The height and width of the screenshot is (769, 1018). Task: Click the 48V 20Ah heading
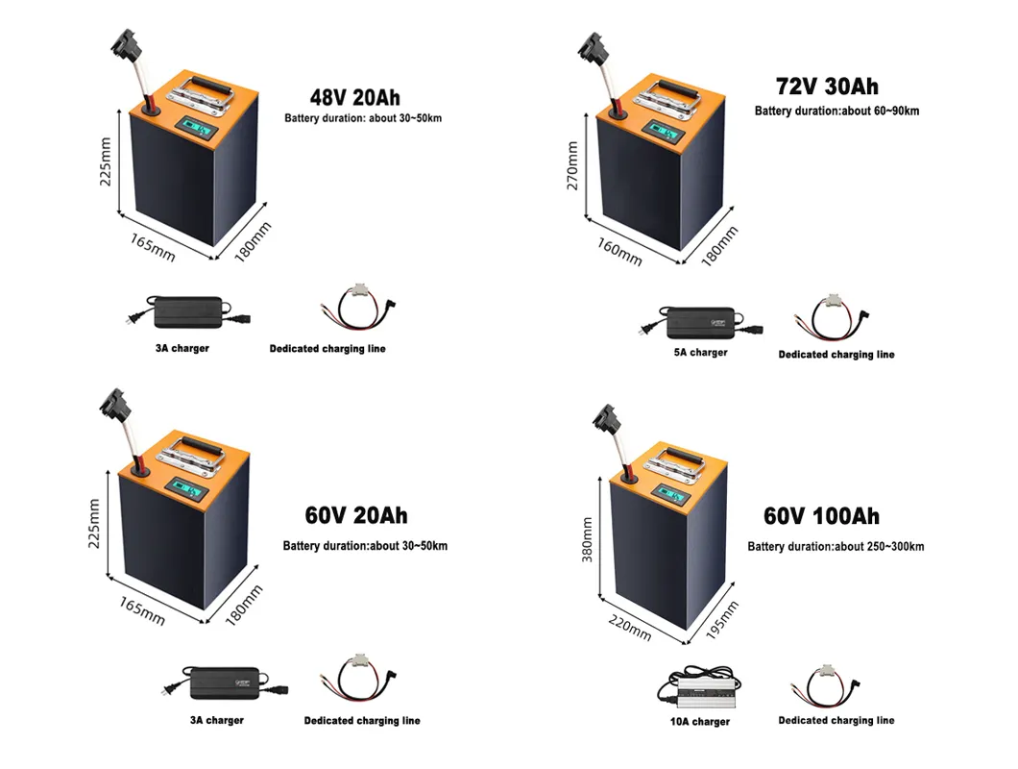click(x=354, y=97)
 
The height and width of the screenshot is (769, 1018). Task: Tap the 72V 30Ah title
click(x=827, y=87)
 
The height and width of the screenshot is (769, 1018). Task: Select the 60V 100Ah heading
click(x=821, y=516)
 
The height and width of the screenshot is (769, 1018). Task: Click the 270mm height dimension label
click(x=573, y=165)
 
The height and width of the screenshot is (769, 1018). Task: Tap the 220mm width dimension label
click(x=630, y=629)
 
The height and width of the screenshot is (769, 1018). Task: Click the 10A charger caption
click(x=700, y=722)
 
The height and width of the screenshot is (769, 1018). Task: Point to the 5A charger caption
click(x=700, y=353)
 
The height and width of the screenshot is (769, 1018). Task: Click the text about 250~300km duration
click(x=836, y=547)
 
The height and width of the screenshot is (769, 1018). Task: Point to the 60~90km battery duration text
click(x=836, y=112)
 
